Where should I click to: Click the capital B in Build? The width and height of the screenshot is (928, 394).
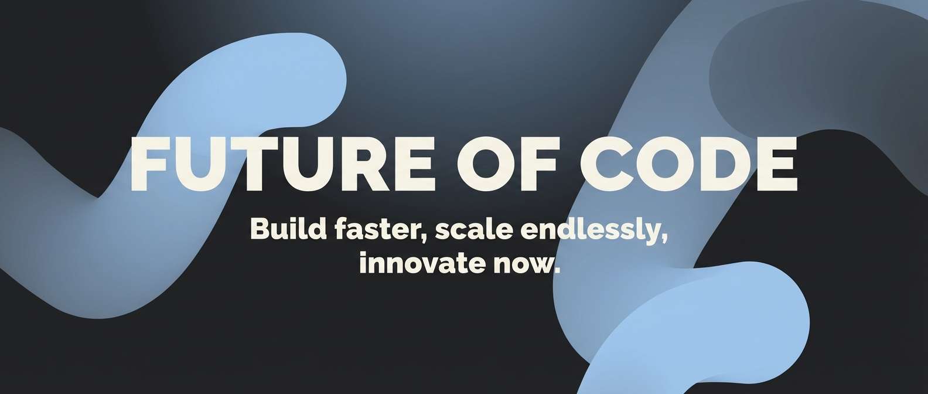point(260,229)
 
